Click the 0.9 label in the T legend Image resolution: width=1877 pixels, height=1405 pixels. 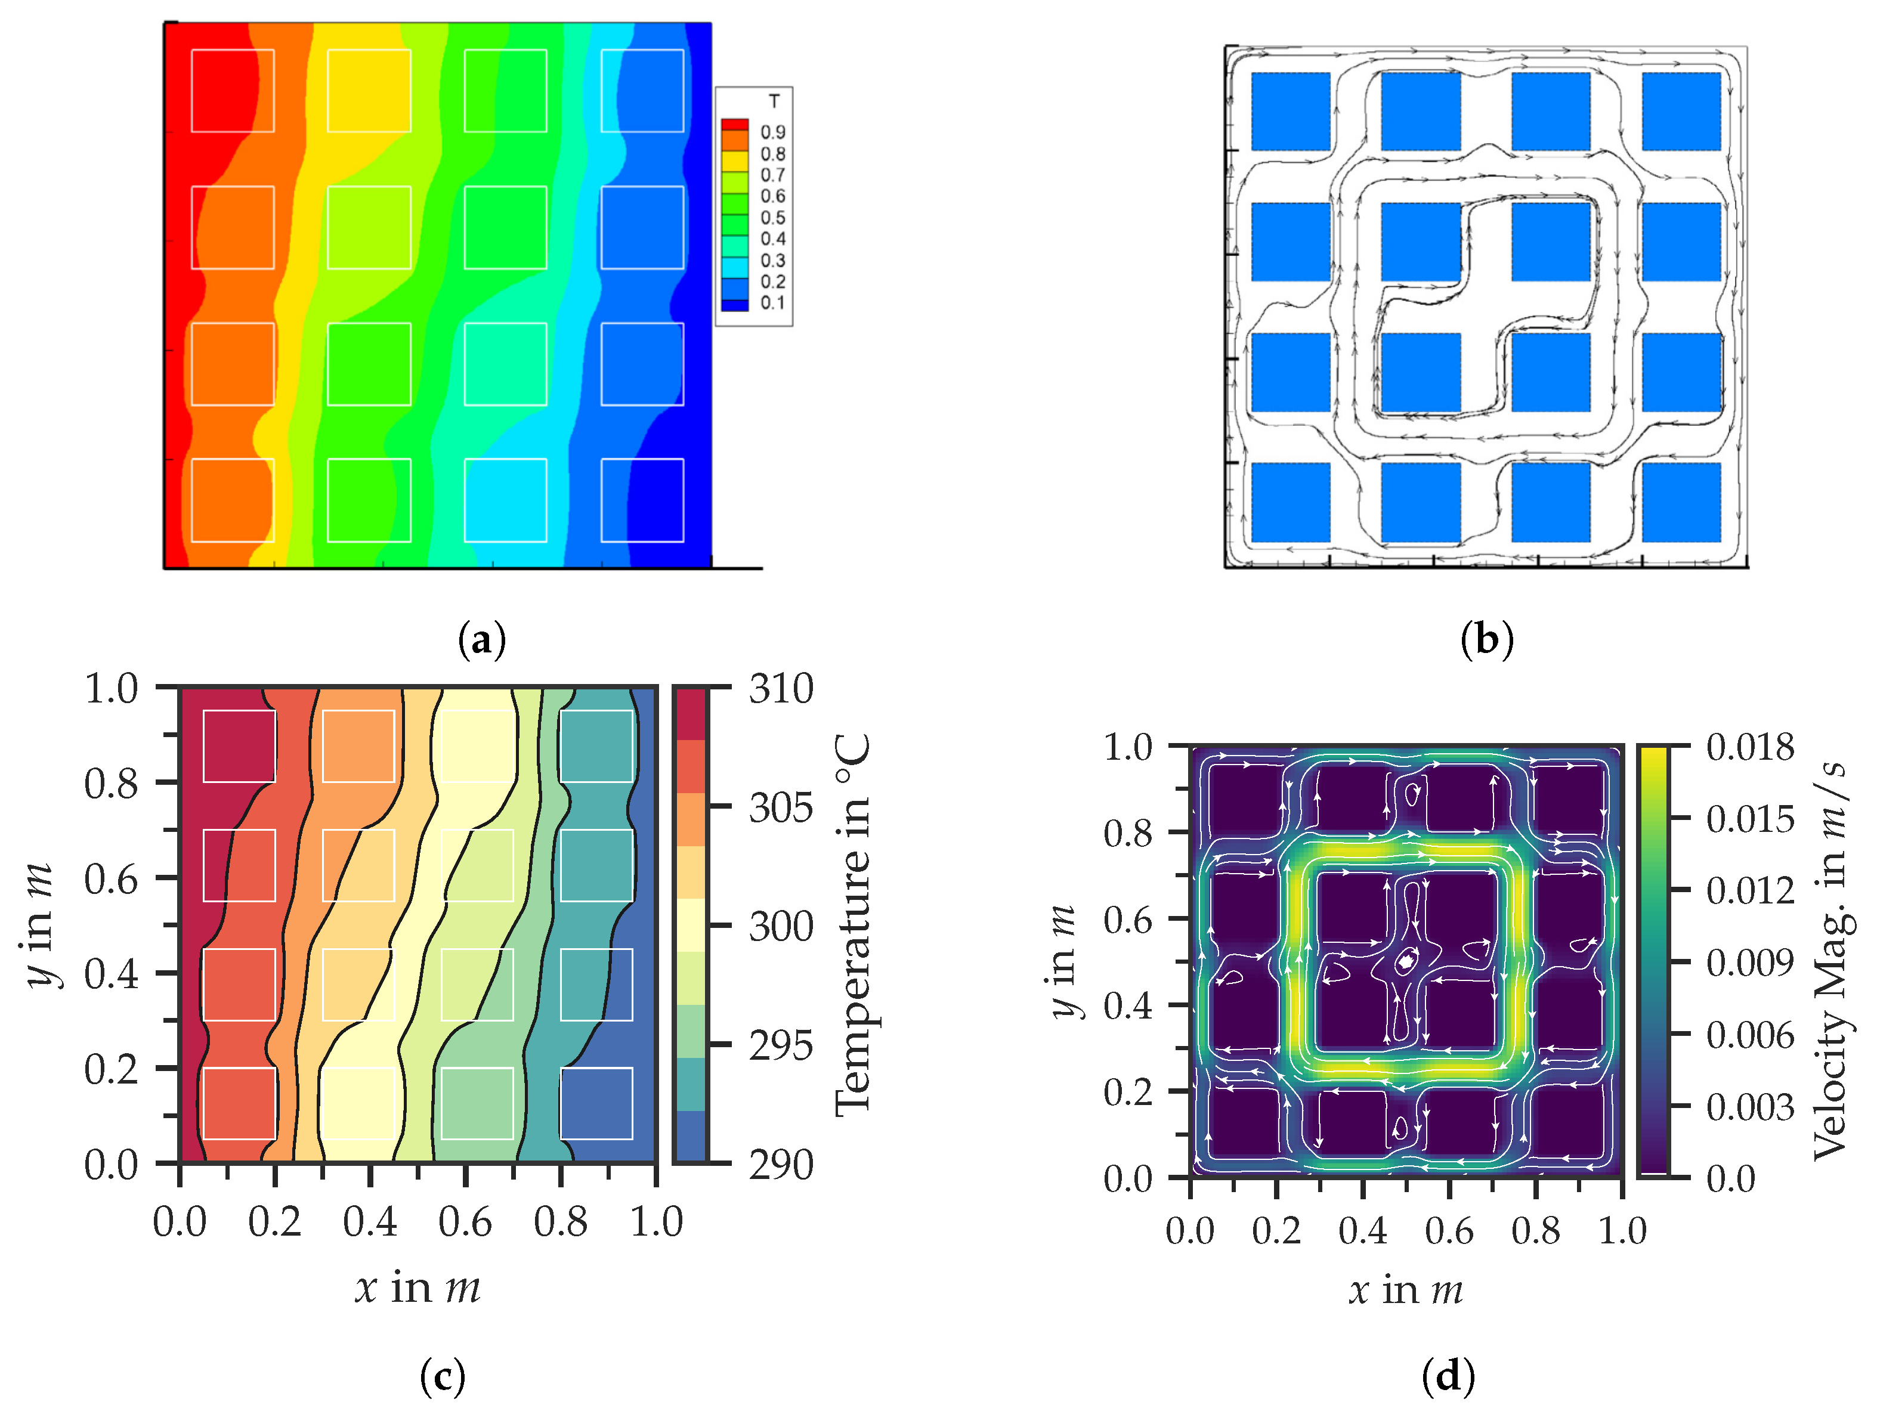tap(772, 132)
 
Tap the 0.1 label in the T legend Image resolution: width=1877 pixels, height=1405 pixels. tap(772, 303)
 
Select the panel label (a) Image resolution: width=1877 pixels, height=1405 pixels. tap(481, 639)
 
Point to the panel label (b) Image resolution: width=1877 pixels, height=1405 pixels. tap(1487, 639)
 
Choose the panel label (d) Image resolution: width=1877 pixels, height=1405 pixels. tap(1448, 1376)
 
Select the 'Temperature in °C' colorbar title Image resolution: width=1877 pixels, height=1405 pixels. tap(853, 925)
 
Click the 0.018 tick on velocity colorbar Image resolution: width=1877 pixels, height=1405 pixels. tap(1750, 747)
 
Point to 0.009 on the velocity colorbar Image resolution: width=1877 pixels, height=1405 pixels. tap(1750, 963)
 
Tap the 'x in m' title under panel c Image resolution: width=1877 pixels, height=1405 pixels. tap(418, 1288)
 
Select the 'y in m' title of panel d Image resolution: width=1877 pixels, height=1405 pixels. tap(1062, 961)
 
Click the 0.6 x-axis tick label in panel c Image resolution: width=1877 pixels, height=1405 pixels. tap(465, 1223)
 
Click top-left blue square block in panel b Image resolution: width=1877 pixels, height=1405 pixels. tap(1290, 111)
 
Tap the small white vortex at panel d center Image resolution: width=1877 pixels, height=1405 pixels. tap(1406, 961)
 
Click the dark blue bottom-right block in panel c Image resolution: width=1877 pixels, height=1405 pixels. tap(596, 1103)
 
